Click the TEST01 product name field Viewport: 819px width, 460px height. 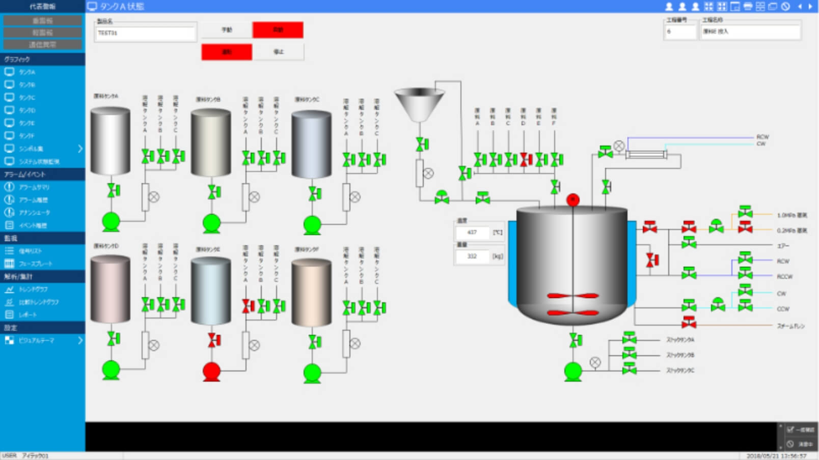[145, 33]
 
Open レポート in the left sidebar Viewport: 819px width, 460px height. [28, 315]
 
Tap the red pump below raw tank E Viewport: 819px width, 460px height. [211, 371]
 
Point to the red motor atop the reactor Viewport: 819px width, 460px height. [573, 199]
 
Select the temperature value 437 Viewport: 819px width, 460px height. [472, 233]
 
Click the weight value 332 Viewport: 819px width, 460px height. [472, 256]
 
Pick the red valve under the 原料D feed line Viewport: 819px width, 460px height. [526, 160]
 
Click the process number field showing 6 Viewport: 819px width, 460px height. [680, 32]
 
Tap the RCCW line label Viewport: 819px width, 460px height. [784, 277]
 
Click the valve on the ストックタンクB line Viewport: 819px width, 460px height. [630, 354]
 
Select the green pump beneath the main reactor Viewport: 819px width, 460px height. [573, 371]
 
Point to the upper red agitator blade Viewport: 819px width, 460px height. [572, 296]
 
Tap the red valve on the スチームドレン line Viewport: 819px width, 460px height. [689, 322]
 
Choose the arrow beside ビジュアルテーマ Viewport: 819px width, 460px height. [80, 340]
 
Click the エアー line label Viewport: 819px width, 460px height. [783, 246]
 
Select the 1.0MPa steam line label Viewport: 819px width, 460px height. [791, 215]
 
